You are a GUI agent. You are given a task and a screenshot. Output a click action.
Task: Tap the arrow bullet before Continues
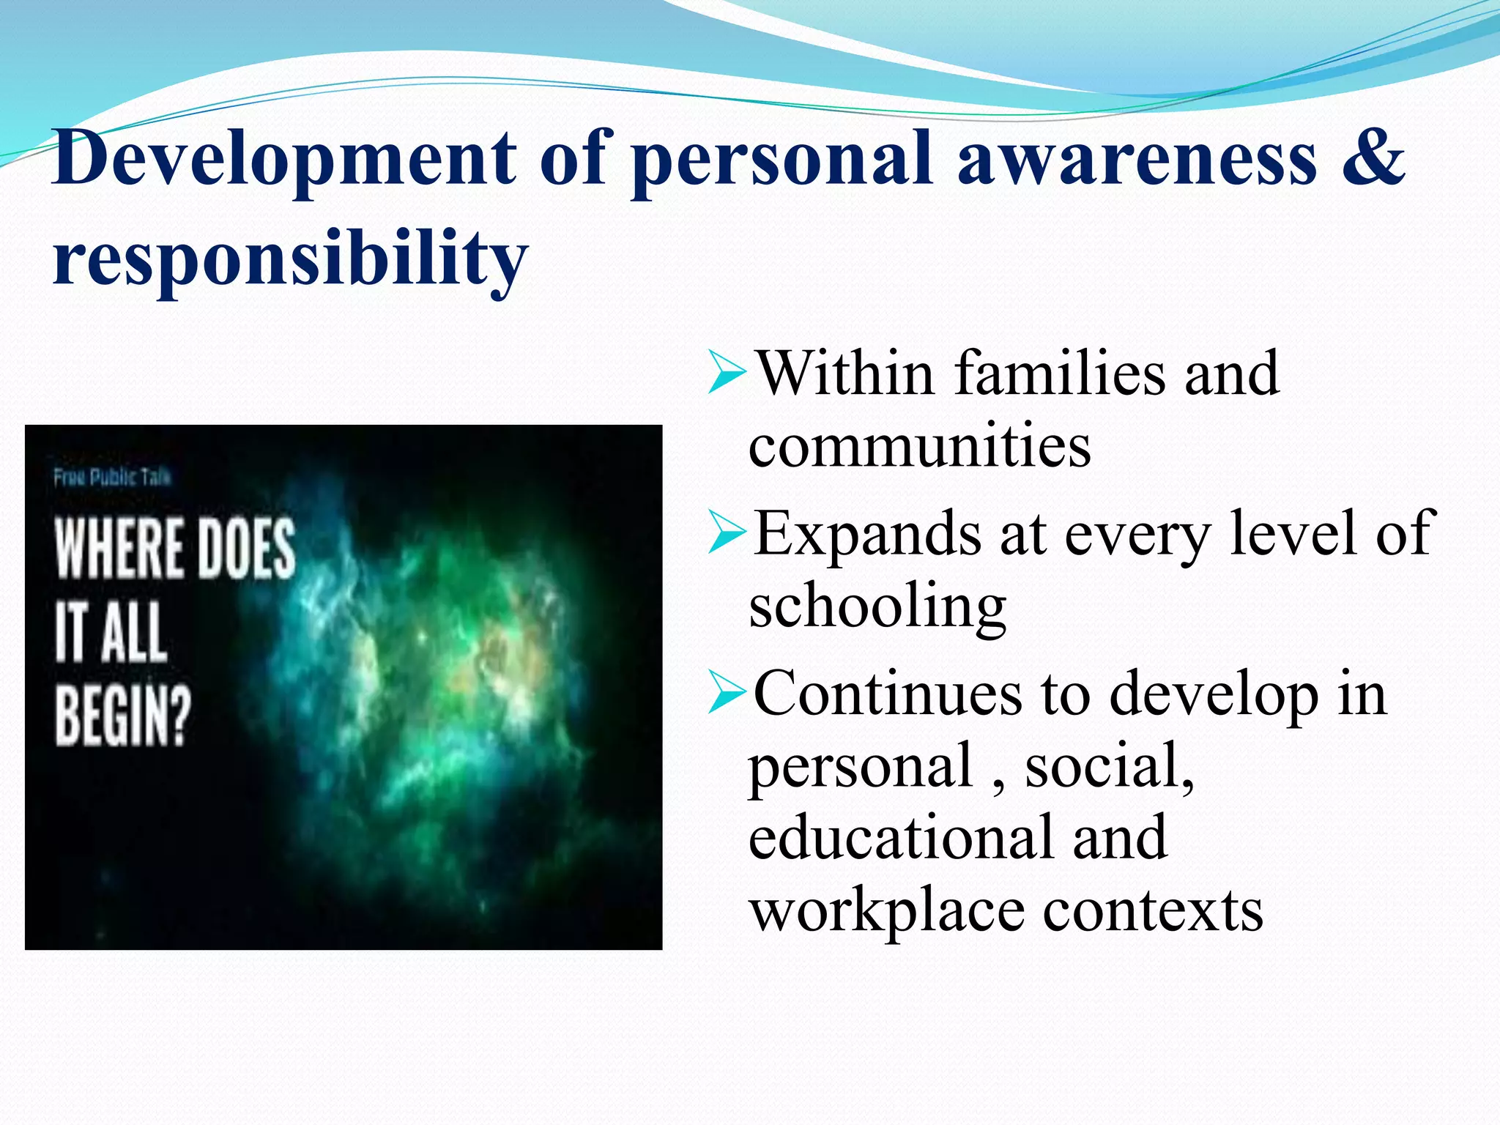pos(727,693)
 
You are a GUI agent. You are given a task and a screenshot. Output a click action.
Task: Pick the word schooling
pos(877,606)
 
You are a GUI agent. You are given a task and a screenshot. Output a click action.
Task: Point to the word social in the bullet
pos(1108,765)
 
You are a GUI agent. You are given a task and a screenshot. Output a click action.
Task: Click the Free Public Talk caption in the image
pos(112,478)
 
